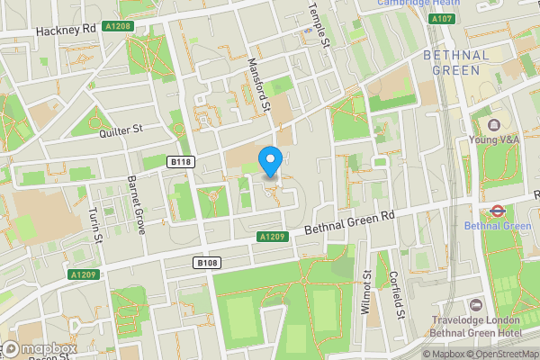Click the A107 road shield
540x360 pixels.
tap(440, 19)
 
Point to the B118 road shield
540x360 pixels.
tap(180, 162)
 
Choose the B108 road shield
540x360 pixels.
tap(206, 262)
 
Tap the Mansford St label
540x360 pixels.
tap(259, 85)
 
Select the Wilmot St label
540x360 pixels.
tap(366, 293)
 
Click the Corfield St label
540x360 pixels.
tap(397, 293)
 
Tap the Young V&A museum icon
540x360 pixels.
tap(493, 123)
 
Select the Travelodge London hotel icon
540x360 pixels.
tap(476, 307)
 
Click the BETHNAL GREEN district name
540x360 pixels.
tap(456, 62)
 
